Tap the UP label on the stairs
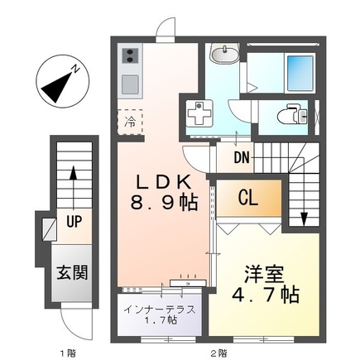point(73,222)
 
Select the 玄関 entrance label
point(73,272)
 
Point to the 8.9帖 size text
point(166,201)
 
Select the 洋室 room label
point(262,272)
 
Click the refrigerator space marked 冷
point(130,122)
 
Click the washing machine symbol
point(199,114)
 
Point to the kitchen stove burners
point(130,57)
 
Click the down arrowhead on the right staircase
point(304,219)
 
